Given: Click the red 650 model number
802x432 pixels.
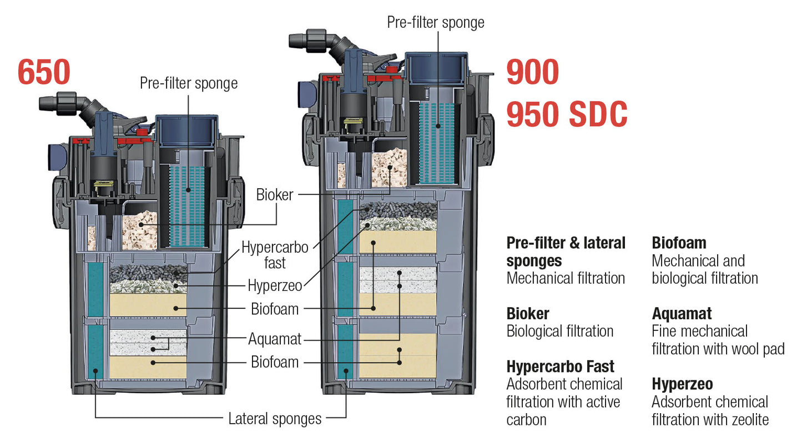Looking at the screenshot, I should pyautogui.click(x=44, y=73).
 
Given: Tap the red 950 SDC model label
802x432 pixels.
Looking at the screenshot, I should pyautogui.click(x=567, y=115).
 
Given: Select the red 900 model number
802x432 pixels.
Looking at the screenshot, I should pyautogui.click(x=532, y=73).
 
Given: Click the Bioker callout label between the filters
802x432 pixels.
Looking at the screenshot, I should pyautogui.click(x=275, y=195).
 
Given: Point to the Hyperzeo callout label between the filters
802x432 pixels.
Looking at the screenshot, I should pyautogui.click(x=275, y=286).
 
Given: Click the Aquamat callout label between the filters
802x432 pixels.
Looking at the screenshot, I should pyautogui.click(x=275, y=339).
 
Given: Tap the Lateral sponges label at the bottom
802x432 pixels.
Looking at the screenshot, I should pyautogui.click(x=275, y=419).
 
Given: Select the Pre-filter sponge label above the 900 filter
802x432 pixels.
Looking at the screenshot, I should pyautogui.click(x=436, y=22).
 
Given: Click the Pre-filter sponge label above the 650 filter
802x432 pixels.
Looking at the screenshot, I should pyautogui.click(x=189, y=83).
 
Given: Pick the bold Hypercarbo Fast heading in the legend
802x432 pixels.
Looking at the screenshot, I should pyautogui.click(x=561, y=367).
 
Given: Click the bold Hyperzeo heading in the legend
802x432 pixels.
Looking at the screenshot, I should pyautogui.click(x=682, y=384).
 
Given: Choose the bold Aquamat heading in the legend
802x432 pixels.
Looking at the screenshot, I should pyautogui.click(x=682, y=314).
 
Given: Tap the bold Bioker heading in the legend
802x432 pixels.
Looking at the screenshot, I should pyautogui.click(x=528, y=314).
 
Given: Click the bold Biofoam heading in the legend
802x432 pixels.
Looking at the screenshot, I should pyautogui.click(x=679, y=243).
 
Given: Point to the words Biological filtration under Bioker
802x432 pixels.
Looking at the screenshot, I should pyautogui.click(x=560, y=331).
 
